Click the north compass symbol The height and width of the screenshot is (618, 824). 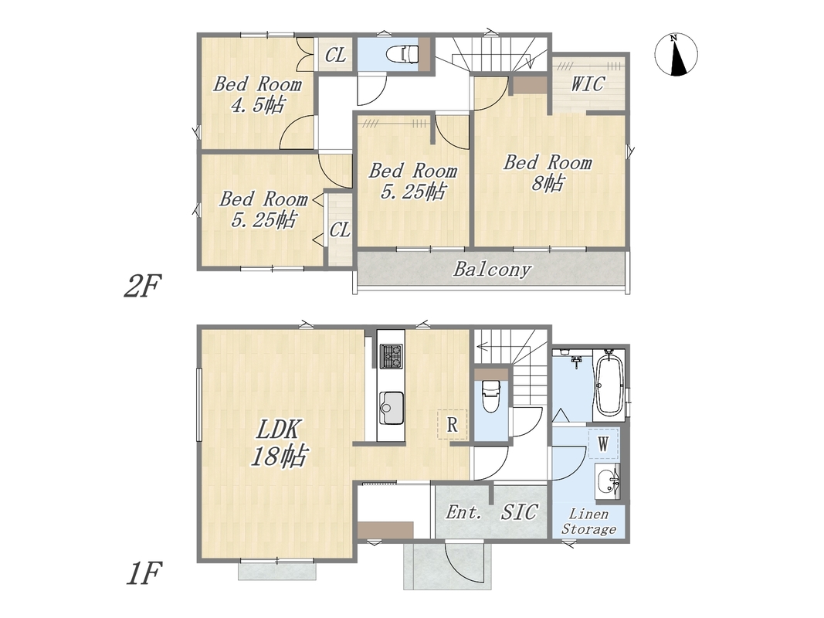[676, 55]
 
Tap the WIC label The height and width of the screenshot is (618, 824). [588, 84]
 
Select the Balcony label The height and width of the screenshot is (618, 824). [492, 270]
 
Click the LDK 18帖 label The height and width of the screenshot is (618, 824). [279, 443]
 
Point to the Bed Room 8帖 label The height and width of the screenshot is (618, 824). [548, 172]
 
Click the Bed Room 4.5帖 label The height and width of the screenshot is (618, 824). [257, 94]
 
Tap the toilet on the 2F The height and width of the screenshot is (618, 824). [402, 53]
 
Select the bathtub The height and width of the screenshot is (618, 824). [609, 385]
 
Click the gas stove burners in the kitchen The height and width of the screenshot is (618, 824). [392, 355]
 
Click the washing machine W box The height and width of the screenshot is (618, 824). [603, 444]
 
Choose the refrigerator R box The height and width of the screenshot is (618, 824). [452, 425]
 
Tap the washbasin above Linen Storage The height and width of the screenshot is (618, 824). [608, 481]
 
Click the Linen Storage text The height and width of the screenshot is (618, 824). [589, 521]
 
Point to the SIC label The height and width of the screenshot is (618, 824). [519, 512]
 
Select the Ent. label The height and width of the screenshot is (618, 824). [463, 512]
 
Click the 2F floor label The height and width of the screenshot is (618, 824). [141, 286]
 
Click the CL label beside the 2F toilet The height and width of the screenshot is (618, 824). [335, 55]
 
